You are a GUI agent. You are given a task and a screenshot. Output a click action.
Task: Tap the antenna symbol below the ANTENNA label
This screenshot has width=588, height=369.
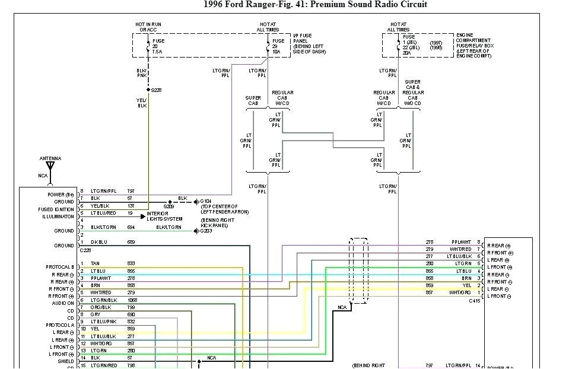coord(50,167)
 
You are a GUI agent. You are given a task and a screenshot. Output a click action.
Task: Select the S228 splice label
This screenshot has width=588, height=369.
coord(156,90)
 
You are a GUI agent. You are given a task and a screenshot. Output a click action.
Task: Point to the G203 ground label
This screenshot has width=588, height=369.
coord(206,231)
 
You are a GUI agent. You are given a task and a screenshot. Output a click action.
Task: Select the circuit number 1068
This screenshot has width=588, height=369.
coord(131,300)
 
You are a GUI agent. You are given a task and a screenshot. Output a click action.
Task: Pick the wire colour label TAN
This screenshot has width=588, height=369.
coord(95,263)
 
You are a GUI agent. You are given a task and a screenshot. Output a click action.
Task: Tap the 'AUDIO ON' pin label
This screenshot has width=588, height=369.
coord(63,303)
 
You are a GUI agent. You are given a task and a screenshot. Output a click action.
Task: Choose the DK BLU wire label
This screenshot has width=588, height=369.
coord(100,243)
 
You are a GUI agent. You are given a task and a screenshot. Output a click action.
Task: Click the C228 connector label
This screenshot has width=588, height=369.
coord(85,250)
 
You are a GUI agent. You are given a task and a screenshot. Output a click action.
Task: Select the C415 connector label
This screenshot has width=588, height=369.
coord(475,301)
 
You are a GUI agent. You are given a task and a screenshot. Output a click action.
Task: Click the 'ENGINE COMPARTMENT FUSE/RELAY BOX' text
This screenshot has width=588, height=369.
coord(474,46)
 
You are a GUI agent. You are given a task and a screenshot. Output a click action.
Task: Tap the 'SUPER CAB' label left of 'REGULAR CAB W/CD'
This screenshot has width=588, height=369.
coord(253,101)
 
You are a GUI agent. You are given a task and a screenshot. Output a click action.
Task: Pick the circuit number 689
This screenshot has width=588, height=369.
coord(131,243)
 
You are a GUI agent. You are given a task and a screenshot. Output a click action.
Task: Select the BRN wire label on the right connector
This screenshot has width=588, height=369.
coord(467,278)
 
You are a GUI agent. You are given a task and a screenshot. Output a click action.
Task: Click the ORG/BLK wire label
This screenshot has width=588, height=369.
coord(100,307)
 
